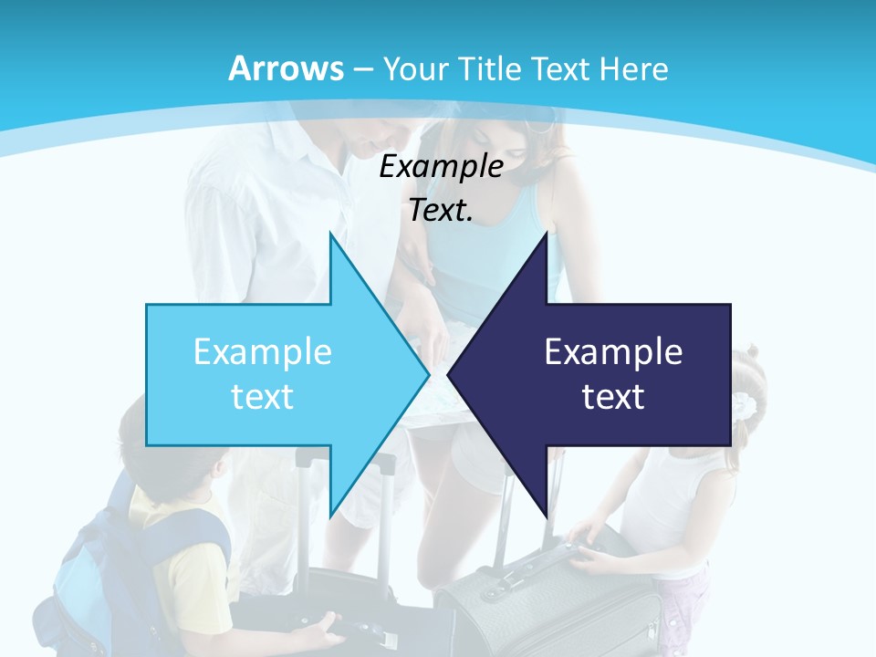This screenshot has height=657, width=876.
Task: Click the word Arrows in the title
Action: coord(286,68)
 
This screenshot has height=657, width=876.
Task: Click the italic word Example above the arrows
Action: coord(441,167)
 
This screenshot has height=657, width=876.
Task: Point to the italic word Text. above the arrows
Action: coord(441,210)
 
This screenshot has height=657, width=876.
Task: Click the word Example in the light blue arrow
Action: coord(263,351)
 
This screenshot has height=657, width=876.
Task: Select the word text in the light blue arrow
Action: coord(263,397)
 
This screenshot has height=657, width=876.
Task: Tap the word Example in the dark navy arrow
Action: coord(613,351)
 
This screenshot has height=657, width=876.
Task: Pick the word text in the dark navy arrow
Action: coord(613,397)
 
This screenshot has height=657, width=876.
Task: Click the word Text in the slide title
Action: coord(564,68)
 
